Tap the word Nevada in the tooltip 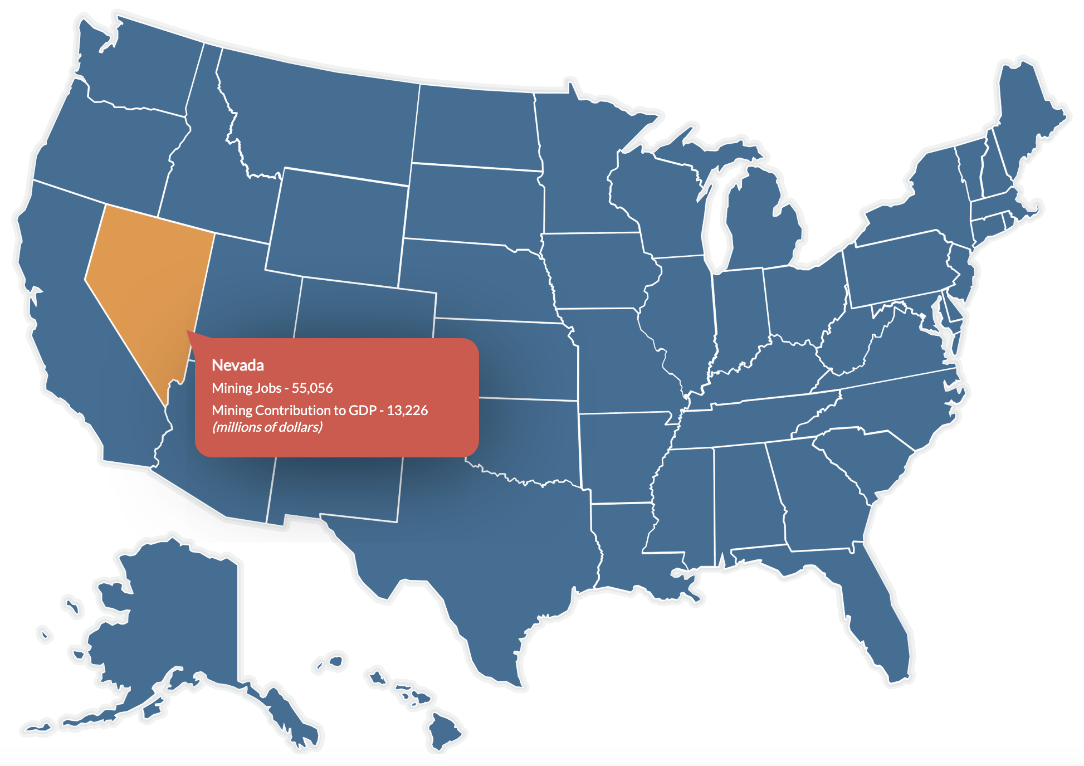tap(238, 365)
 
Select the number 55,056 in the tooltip tap(312, 388)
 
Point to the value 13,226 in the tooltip tap(407, 411)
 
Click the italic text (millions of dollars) tap(267, 427)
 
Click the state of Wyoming tap(337, 223)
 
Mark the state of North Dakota tap(476, 128)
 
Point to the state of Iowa tap(596, 270)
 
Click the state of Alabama tap(746, 501)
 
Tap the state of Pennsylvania tap(897, 267)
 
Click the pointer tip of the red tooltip tap(187, 332)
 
